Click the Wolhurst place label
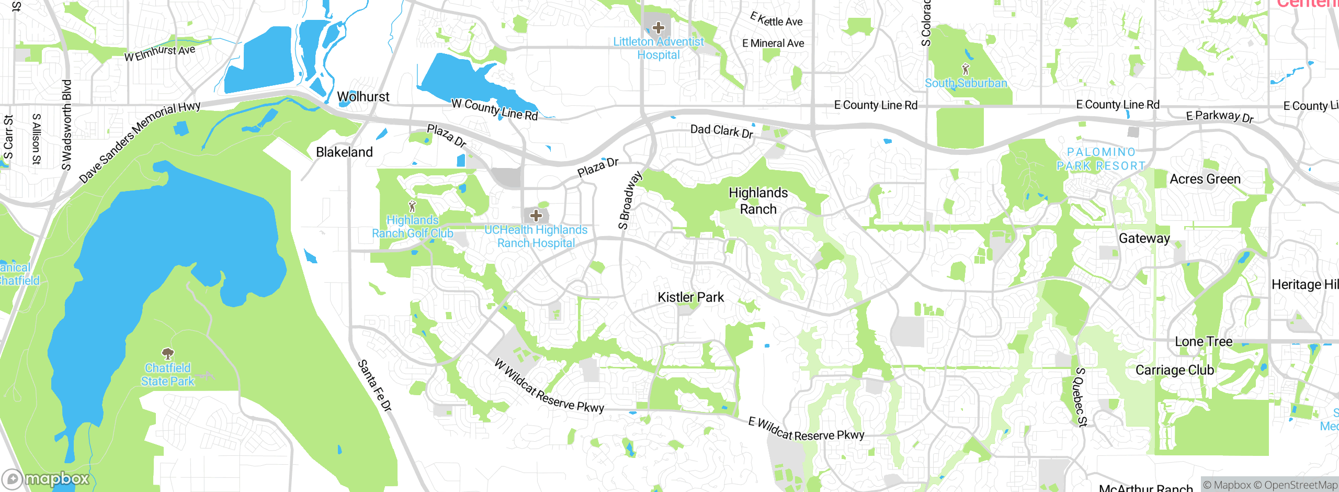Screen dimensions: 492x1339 (363, 97)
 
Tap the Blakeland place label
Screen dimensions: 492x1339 (344, 152)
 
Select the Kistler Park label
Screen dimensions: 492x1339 (690, 297)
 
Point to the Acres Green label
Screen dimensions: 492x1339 (1205, 179)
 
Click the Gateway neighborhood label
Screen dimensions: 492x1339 (1144, 239)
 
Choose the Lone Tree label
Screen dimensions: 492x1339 (1204, 342)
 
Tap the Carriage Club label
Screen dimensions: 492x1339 (1175, 370)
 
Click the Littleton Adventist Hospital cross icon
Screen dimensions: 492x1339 (659, 27)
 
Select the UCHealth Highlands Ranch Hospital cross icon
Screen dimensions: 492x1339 (536, 215)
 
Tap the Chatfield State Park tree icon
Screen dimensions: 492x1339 (168, 353)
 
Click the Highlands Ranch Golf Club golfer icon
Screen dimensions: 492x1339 (412, 206)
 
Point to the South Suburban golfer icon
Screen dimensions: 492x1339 (966, 69)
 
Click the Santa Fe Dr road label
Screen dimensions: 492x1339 (375, 385)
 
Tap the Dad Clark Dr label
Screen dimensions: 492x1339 (721, 131)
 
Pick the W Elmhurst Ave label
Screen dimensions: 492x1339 (160, 53)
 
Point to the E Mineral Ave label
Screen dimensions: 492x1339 (773, 43)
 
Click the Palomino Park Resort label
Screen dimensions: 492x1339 (1101, 159)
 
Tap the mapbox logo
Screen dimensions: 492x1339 (46, 479)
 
